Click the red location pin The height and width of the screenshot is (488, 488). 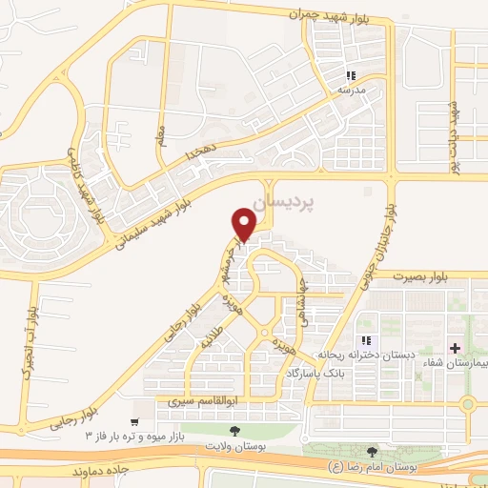pyautogui.click(x=244, y=225)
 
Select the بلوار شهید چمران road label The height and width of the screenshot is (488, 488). pyautogui.click(x=340, y=14)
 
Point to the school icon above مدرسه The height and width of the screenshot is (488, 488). pyautogui.click(x=351, y=75)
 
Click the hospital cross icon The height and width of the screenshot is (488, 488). pyautogui.click(x=455, y=348)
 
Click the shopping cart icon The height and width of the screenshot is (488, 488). pyautogui.click(x=135, y=420)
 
